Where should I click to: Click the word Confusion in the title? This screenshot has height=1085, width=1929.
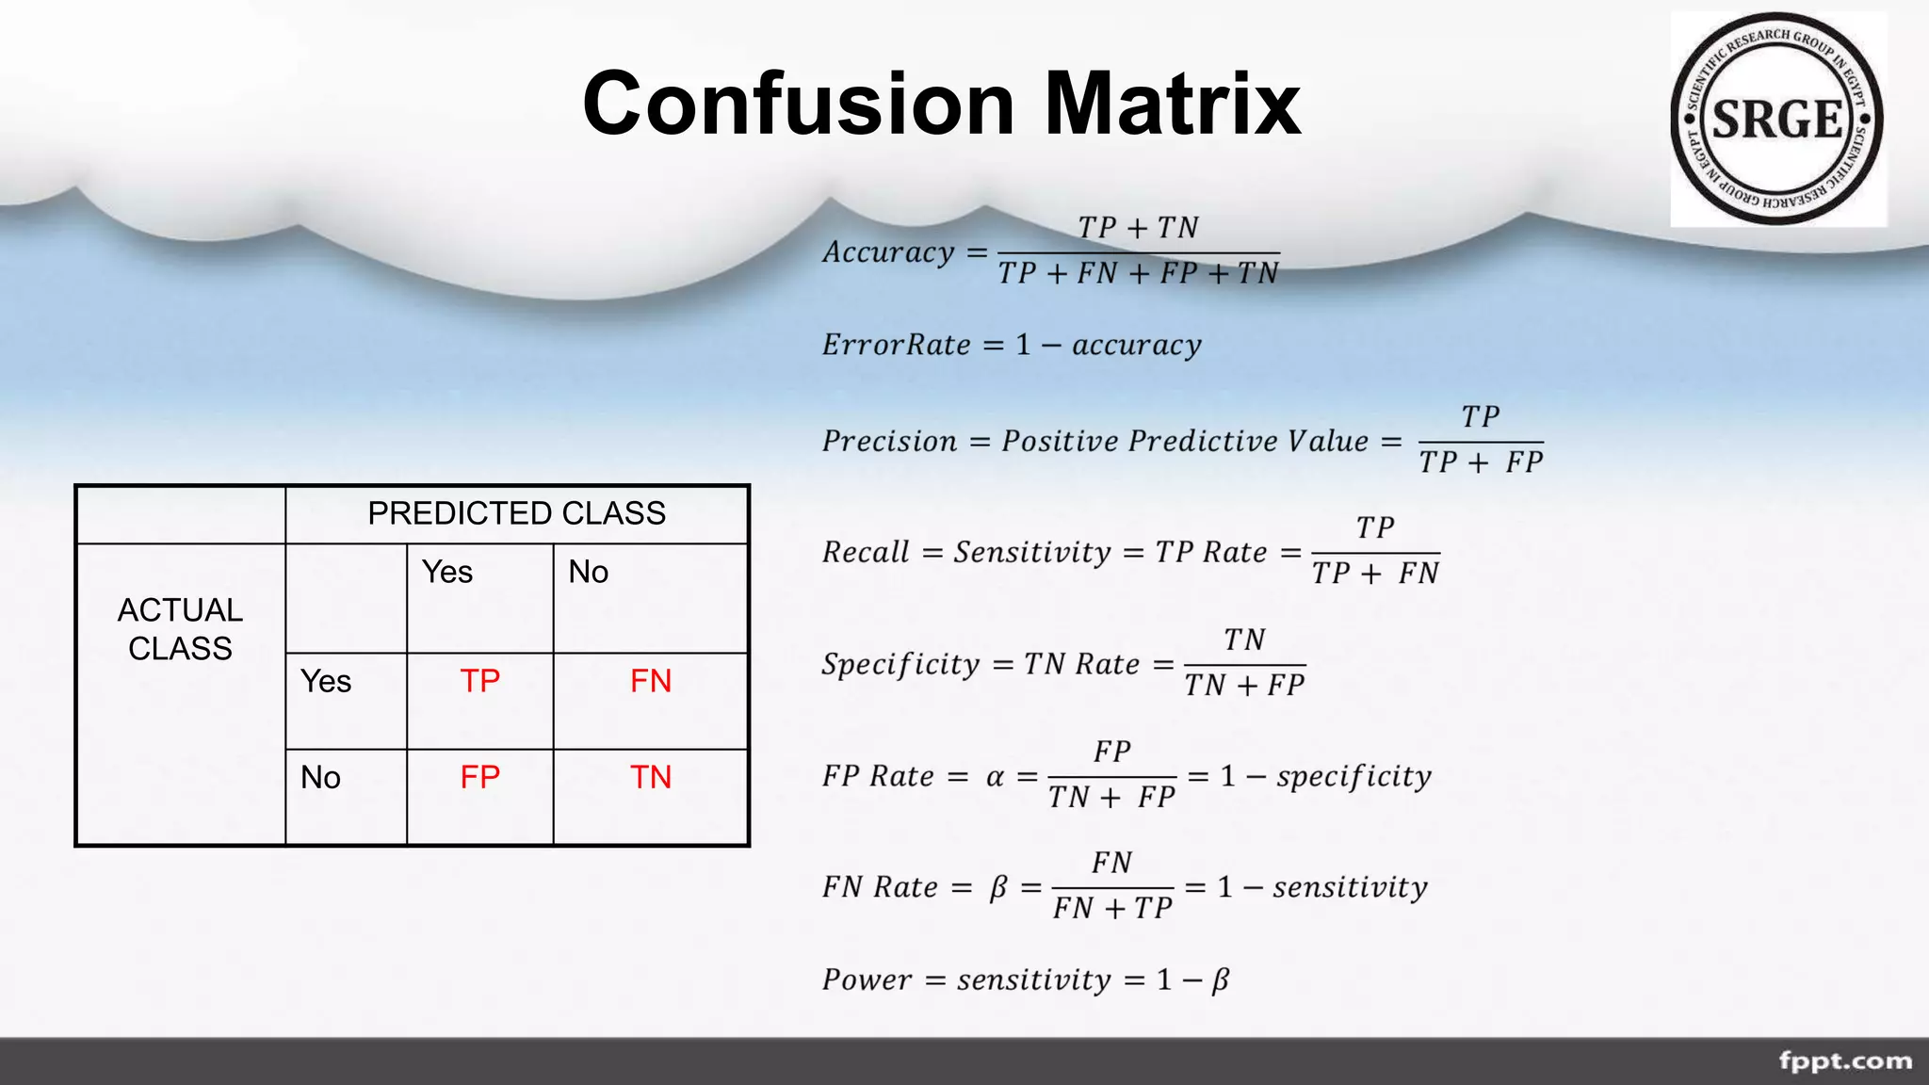click(x=799, y=104)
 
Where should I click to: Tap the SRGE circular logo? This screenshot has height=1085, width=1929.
click(x=1777, y=120)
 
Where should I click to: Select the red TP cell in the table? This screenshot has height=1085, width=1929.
click(x=479, y=681)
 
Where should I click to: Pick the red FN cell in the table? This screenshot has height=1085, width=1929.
click(x=650, y=681)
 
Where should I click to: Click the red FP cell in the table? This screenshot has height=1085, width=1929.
click(x=479, y=777)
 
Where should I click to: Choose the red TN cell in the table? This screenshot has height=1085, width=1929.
click(x=650, y=777)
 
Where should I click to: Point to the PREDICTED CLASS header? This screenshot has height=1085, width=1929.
click(x=516, y=513)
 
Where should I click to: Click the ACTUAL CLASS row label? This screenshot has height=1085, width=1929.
click(x=180, y=629)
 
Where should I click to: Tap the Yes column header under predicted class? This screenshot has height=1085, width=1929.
click(x=447, y=572)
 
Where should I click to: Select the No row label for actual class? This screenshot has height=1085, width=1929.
click(x=320, y=777)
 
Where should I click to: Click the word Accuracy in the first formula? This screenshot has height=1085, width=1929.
click(x=889, y=252)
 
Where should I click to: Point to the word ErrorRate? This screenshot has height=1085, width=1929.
click(x=896, y=345)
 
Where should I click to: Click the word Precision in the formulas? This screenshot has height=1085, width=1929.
click(x=889, y=441)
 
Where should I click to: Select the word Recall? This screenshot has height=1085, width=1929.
click(x=866, y=552)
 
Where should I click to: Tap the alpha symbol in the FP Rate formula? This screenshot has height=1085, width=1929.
click(x=995, y=777)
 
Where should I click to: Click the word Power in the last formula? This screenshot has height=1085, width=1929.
click(x=867, y=980)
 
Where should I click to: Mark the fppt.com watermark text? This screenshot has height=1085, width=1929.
click(x=1845, y=1061)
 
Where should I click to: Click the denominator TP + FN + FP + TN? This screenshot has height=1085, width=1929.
click(x=1138, y=274)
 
